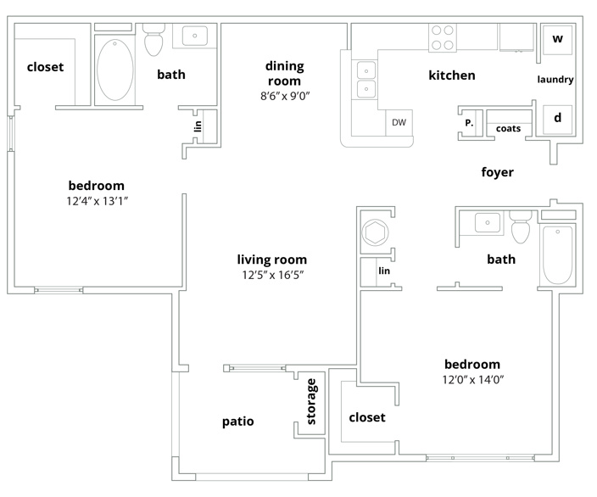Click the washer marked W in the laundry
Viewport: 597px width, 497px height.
[557, 40]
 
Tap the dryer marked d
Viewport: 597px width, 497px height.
[557, 120]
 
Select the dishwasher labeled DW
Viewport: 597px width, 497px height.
[399, 123]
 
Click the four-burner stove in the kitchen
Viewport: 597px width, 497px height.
[443, 37]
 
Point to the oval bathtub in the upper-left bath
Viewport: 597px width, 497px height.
[115, 70]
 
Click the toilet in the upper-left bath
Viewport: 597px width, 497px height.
[153, 39]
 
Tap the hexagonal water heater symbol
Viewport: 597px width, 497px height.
[376, 232]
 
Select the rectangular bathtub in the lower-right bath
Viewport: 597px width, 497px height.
[557, 255]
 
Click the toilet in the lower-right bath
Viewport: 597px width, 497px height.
[521, 227]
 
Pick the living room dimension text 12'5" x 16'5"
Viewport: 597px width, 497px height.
[272, 275]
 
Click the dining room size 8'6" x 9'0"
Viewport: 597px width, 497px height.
[285, 96]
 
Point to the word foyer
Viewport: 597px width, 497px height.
[497, 172]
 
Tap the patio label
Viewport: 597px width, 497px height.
[238, 422]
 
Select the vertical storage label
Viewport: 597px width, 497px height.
[311, 401]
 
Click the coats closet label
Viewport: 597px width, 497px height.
[508, 129]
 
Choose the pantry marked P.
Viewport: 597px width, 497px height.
[469, 123]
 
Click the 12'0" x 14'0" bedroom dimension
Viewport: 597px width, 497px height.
[473, 380]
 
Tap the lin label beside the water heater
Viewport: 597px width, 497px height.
[384, 271]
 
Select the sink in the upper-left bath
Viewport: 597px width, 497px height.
[194, 36]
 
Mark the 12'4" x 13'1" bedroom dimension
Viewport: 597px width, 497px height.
[97, 201]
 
